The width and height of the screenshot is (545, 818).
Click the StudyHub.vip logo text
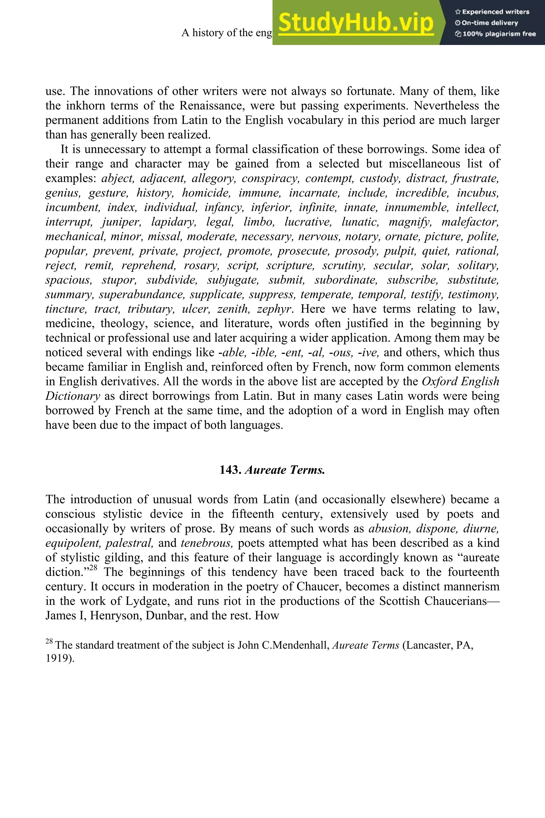coord(356,23)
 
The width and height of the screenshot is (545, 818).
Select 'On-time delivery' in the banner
coord(490,23)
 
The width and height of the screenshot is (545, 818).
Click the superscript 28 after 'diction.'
coord(93,568)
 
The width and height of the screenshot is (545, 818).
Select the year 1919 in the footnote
coord(59,658)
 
